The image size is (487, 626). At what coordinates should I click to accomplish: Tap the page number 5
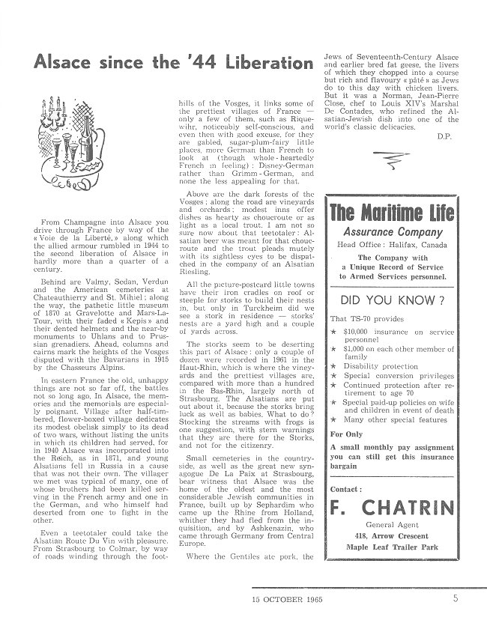(x=455, y=599)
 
